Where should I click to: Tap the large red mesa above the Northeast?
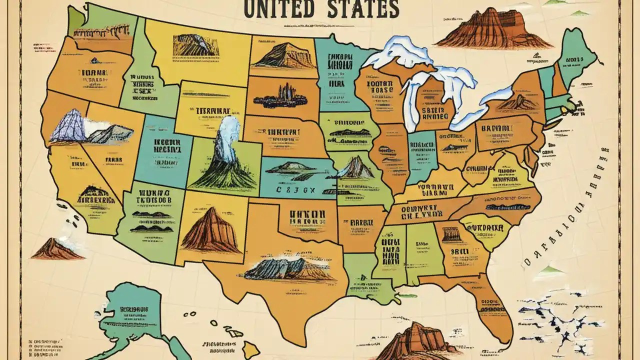(x=492, y=30)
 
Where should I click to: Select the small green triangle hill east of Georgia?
(x=550, y=270)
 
